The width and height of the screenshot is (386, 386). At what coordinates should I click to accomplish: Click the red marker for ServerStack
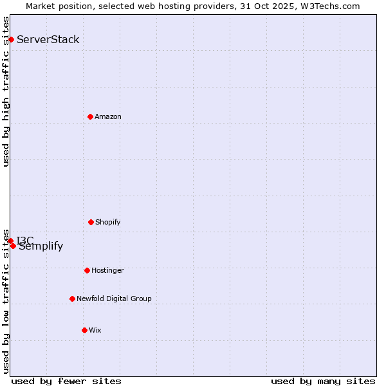(11, 40)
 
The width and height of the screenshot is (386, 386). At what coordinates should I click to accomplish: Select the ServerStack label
(48, 40)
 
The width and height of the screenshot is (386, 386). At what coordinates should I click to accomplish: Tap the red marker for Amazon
(90, 116)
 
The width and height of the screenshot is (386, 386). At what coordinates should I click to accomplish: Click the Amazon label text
(108, 117)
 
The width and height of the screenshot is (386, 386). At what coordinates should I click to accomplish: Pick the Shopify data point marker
(91, 222)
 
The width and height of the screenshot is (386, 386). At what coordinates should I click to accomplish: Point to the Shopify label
(108, 223)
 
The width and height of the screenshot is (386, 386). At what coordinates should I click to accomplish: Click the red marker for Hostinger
(87, 270)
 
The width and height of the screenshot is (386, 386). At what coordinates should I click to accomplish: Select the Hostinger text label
(107, 271)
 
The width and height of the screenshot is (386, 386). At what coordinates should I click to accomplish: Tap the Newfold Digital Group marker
(72, 299)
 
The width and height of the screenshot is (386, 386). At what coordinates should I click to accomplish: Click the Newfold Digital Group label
(114, 299)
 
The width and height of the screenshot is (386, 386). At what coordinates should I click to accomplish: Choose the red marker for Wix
(84, 330)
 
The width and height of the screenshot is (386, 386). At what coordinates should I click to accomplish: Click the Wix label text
(95, 331)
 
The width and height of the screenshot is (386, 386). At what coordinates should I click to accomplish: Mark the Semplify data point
(13, 246)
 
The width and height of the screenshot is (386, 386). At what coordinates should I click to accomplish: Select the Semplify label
(41, 246)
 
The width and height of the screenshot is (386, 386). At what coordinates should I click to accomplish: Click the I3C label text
(26, 241)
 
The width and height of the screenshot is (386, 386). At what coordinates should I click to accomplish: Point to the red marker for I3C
(10, 241)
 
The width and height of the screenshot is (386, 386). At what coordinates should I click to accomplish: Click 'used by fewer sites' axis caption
(66, 381)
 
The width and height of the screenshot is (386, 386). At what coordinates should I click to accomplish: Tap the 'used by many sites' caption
(323, 381)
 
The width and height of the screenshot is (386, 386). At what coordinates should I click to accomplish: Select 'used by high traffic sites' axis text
(6, 91)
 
